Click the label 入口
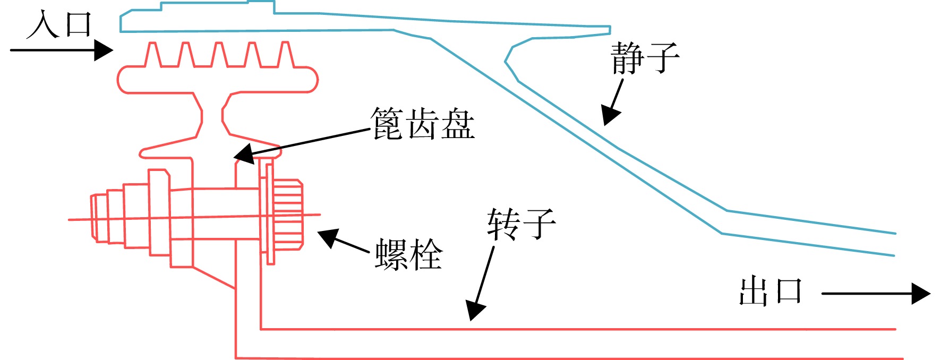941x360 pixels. coord(59,25)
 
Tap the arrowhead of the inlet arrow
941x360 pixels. coord(104,50)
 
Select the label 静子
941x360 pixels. coord(645,57)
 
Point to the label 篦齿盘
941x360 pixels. coord(422,124)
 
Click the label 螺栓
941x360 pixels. coord(408,254)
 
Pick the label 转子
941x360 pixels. coord(521,224)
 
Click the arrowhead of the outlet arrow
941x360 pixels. coord(921,293)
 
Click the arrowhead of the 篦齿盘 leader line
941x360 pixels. coord(244,154)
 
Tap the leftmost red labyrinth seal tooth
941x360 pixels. coord(153,54)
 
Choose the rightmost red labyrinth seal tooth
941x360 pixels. coord(286,54)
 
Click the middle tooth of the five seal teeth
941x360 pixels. coord(219,54)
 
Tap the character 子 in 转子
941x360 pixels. coord(539,224)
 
